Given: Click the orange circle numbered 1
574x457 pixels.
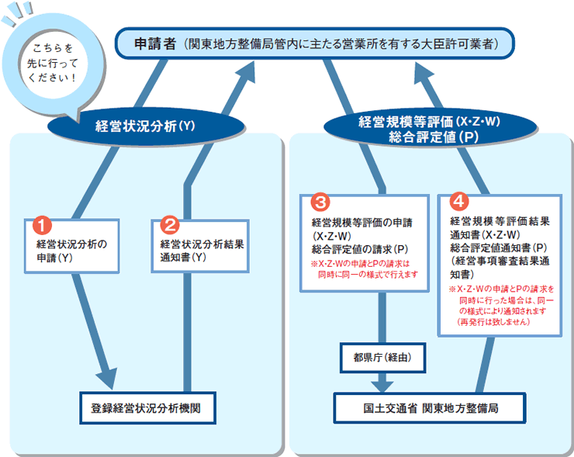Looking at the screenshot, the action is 42,225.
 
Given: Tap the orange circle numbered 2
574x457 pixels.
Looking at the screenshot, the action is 170,225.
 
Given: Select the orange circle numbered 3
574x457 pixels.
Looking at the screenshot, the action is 320,203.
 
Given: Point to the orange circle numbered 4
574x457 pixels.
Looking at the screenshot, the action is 458,201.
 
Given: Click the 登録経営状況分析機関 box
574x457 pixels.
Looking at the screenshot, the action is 148,408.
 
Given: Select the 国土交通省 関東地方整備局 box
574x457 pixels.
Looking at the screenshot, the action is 430,408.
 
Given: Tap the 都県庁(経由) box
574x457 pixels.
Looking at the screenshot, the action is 382,358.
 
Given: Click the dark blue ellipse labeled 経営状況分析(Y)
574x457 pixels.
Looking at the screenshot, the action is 146,126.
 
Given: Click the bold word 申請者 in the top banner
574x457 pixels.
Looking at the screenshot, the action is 155,43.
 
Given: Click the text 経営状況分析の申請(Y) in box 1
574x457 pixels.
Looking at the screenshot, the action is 71,251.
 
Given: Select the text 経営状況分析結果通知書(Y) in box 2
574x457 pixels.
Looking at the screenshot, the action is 202,251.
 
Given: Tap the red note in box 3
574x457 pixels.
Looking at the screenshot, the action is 365,269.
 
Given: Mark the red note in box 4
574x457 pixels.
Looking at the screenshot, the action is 502,306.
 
